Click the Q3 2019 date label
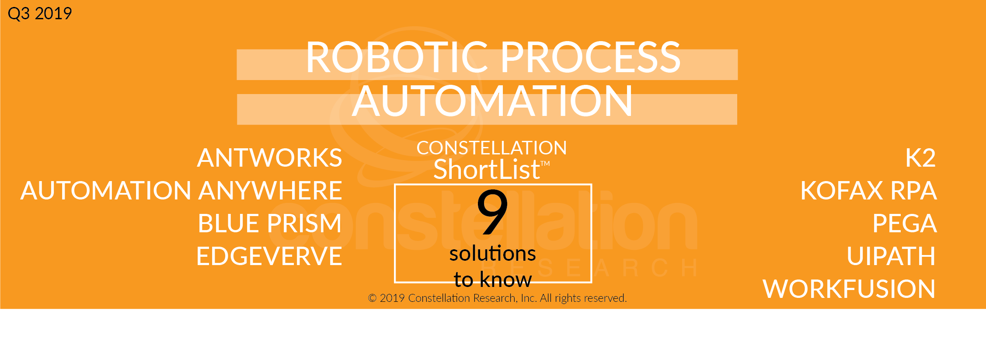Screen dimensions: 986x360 [x=40, y=14]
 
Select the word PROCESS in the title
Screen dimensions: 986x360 [x=590, y=57]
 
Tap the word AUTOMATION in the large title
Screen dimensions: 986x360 [x=492, y=101]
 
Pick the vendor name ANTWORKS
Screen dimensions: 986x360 [x=269, y=158]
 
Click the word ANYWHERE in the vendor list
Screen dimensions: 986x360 [x=270, y=191]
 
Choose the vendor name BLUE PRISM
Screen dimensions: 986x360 [x=269, y=224]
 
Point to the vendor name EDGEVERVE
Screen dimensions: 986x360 [x=269, y=256]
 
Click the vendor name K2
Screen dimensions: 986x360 [x=920, y=158]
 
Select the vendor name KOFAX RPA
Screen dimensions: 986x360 [x=868, y=191]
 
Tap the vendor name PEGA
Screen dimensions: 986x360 [x=905, y=224]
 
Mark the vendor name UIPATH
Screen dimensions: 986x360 [x=891, y=256]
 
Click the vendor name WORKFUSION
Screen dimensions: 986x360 [x=849, y=289]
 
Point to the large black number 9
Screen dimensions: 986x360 [x=492, y=212]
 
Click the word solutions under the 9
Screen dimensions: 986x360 [x=492, y=254]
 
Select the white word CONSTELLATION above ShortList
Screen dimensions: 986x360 [x=491, y=148]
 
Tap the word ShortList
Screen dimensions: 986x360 [x=487, y=170]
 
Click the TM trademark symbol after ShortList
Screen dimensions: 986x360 [x=545, y=164]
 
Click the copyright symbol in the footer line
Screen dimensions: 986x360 [x=372, y=298]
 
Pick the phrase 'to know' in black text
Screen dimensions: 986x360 [x=493, y=280]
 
